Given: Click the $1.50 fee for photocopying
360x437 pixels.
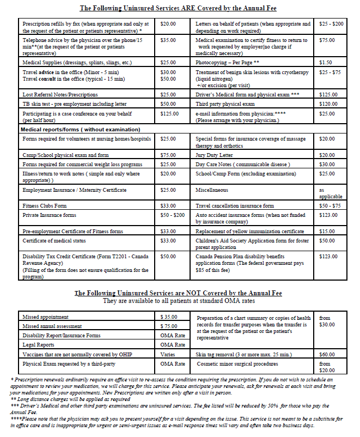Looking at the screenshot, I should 326,63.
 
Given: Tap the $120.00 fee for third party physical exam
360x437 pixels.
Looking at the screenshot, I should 328,104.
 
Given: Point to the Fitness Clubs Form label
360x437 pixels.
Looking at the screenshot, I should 45,206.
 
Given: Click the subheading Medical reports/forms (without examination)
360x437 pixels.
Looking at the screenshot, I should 80,129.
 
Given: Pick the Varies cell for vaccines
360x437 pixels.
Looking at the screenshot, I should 168,354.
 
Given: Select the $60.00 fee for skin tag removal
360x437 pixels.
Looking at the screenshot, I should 327,354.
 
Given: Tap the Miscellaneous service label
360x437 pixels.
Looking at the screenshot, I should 212,190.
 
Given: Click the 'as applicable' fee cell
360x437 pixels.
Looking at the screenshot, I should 331,193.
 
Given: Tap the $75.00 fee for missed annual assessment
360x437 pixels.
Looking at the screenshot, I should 169,326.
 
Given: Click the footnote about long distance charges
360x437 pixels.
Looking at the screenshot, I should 70,399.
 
